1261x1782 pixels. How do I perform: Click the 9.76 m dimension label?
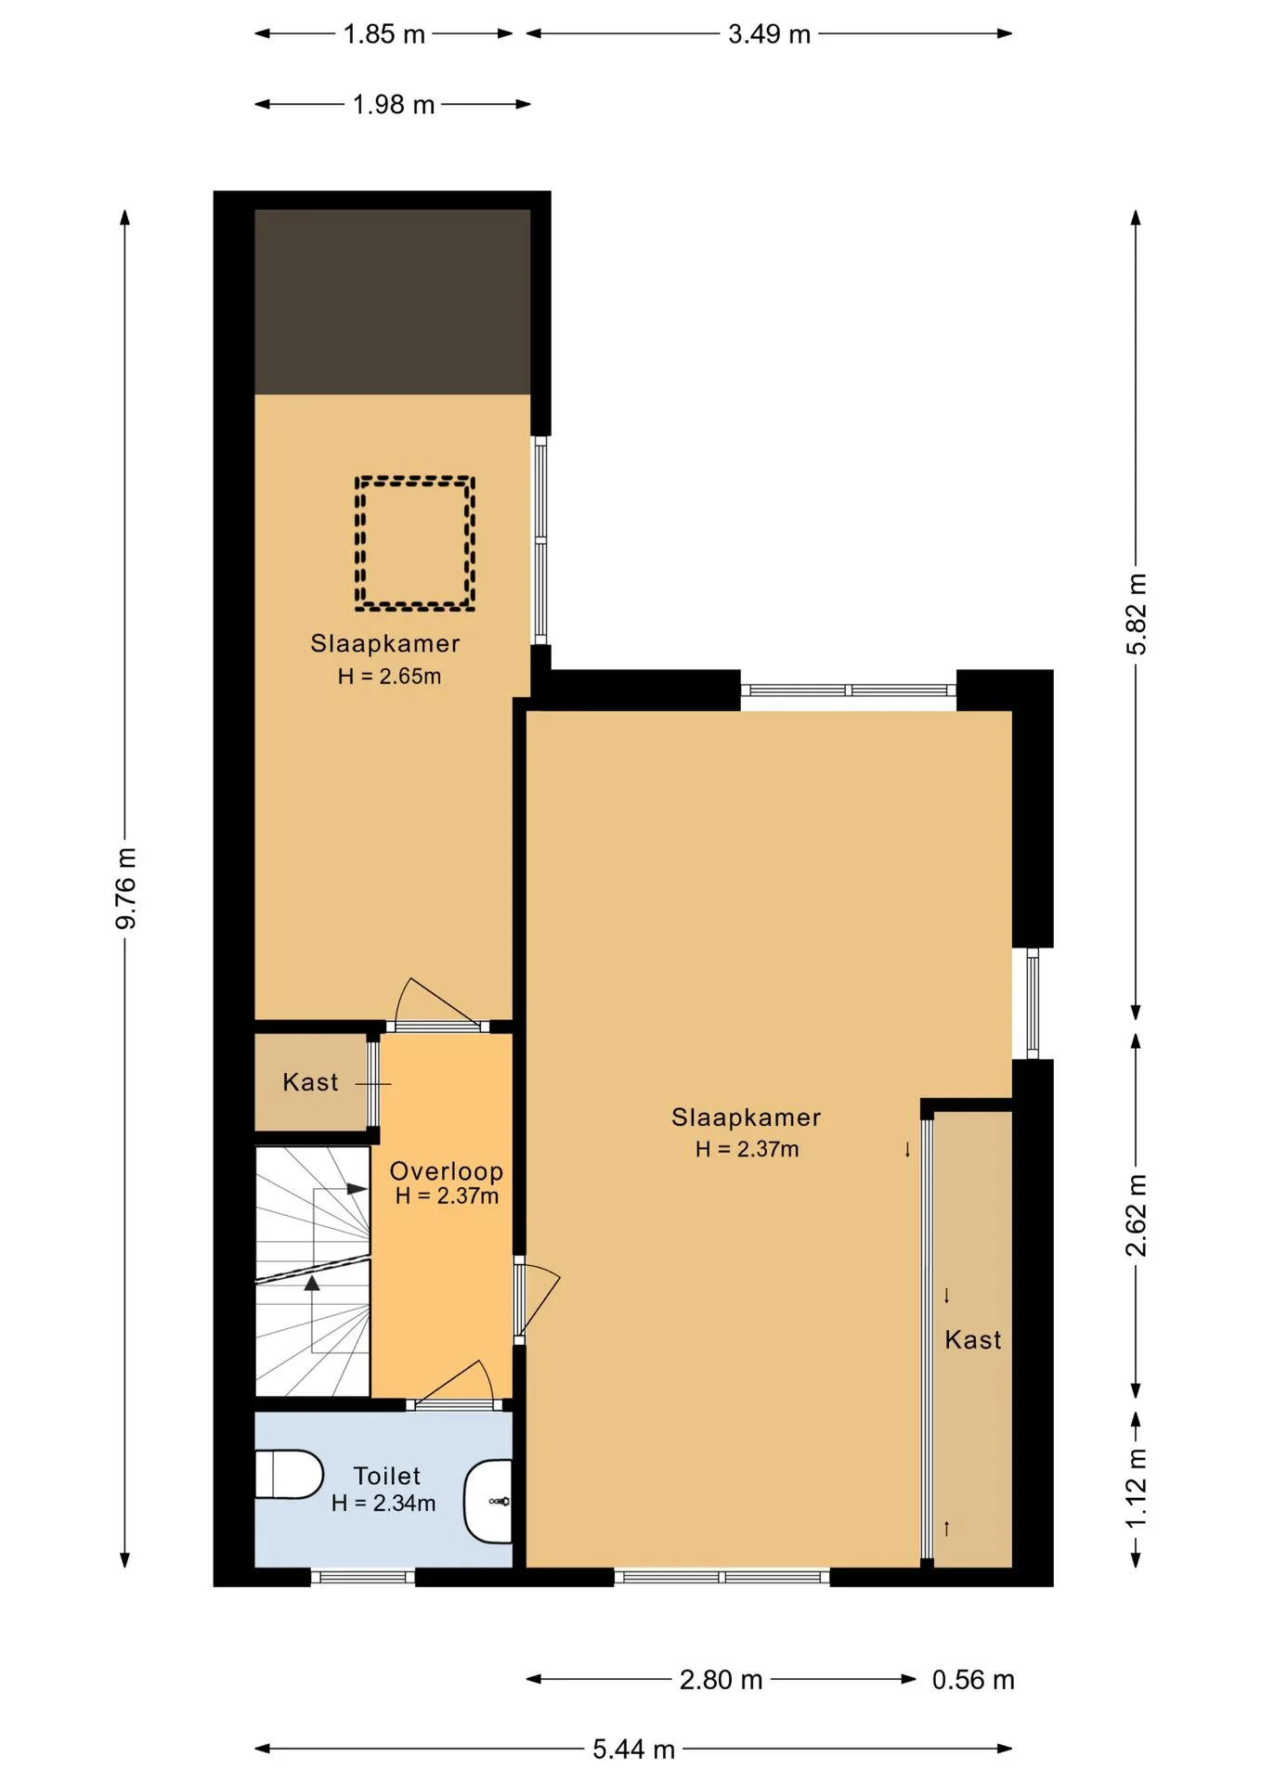coord(126,888)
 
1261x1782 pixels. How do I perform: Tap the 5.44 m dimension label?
coord(634,1750)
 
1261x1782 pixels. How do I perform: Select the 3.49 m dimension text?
coord(769,34)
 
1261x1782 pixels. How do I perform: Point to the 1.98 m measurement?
coord(394,105)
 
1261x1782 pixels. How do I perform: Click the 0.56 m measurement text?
coord(973,1680)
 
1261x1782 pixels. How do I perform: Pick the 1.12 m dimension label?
coord(1137,1488)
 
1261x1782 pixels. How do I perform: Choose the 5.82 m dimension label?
coord(1137,614)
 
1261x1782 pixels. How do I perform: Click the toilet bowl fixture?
coord(289,1474)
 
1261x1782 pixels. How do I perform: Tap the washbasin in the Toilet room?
coord(488,1501)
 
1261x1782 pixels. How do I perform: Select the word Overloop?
coord(447,1171)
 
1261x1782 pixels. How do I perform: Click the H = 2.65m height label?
coord(389,677)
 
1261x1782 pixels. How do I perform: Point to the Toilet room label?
coord(387,1476)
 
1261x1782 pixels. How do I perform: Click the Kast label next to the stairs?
coord(310,1082)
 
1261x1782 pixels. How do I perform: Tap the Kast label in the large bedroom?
coord(973,1340)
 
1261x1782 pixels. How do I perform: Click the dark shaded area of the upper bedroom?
coord(393,303)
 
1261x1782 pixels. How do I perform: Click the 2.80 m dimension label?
coord(721,1680)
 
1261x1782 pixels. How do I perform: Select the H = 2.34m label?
coord(383,1504)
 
